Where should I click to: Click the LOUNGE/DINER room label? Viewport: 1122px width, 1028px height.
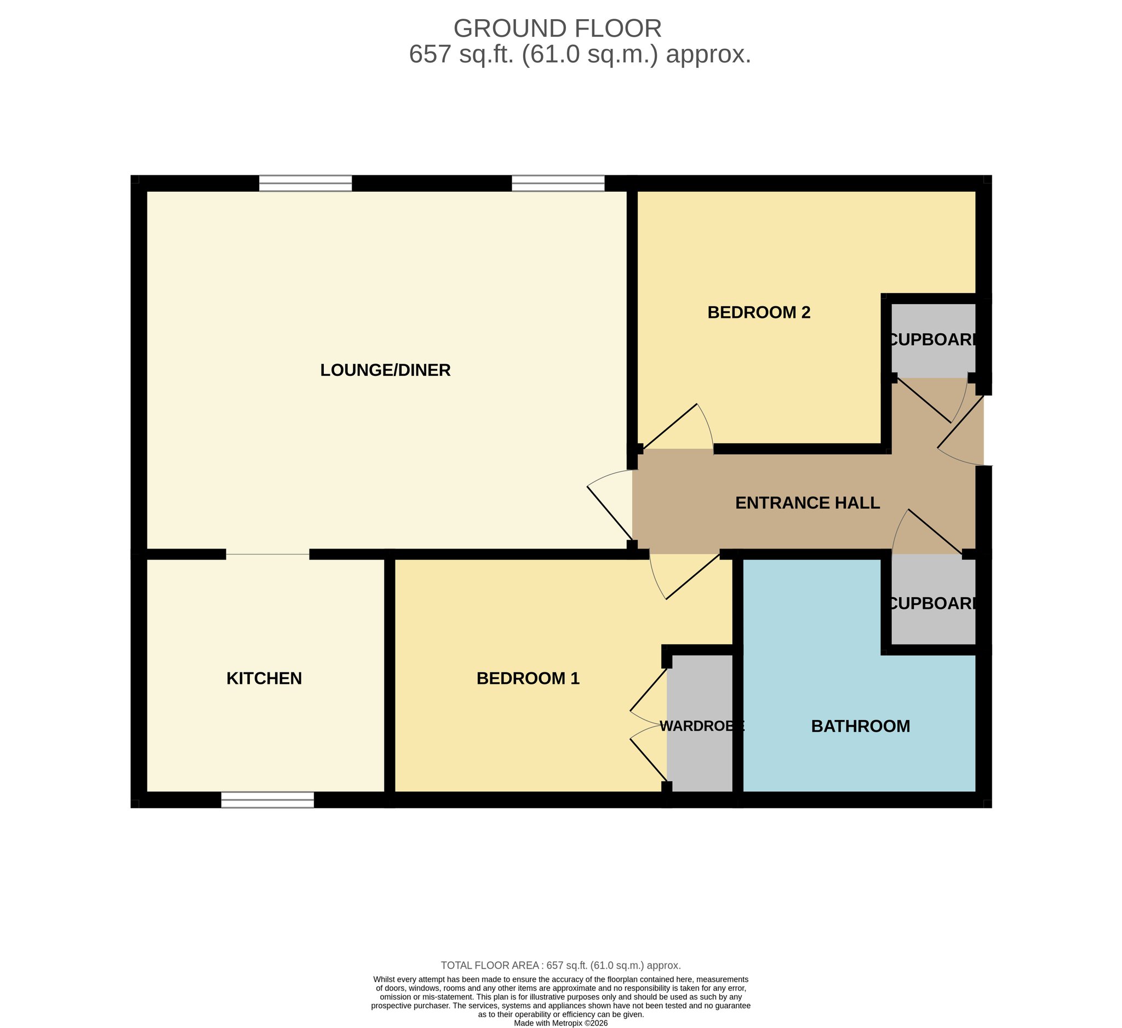click(385, 370)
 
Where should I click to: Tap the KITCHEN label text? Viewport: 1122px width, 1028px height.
click(265, 678)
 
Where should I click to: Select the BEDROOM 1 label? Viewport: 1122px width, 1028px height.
click(528, 678)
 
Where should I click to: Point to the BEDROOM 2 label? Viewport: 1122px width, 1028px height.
click(759, 313)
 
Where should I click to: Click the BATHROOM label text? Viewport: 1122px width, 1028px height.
click(861, 726)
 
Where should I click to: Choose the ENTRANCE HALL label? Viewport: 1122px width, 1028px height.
click(808, 503)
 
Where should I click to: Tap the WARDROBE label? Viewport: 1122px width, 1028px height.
click(702, 726)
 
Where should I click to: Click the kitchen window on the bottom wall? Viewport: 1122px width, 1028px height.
click(268, 800)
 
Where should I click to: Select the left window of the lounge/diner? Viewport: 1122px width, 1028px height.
click(306, 183)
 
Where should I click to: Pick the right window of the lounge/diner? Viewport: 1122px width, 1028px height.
click(558, 183)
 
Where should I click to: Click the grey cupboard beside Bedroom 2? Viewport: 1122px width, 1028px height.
click(934, 340)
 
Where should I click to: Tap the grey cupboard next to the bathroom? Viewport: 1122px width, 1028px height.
click(934, 599)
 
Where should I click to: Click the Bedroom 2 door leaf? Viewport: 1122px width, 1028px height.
click(669, 426)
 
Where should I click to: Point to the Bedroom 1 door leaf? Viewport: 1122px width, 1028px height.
click(694, 577)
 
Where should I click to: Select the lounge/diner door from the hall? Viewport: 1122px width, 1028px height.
click(609, 513)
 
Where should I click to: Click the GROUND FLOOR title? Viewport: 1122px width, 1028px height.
click(558, 28)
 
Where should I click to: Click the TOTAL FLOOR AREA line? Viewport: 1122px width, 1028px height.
click(561, 966)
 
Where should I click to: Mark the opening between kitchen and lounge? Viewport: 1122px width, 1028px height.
click(268, 555)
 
